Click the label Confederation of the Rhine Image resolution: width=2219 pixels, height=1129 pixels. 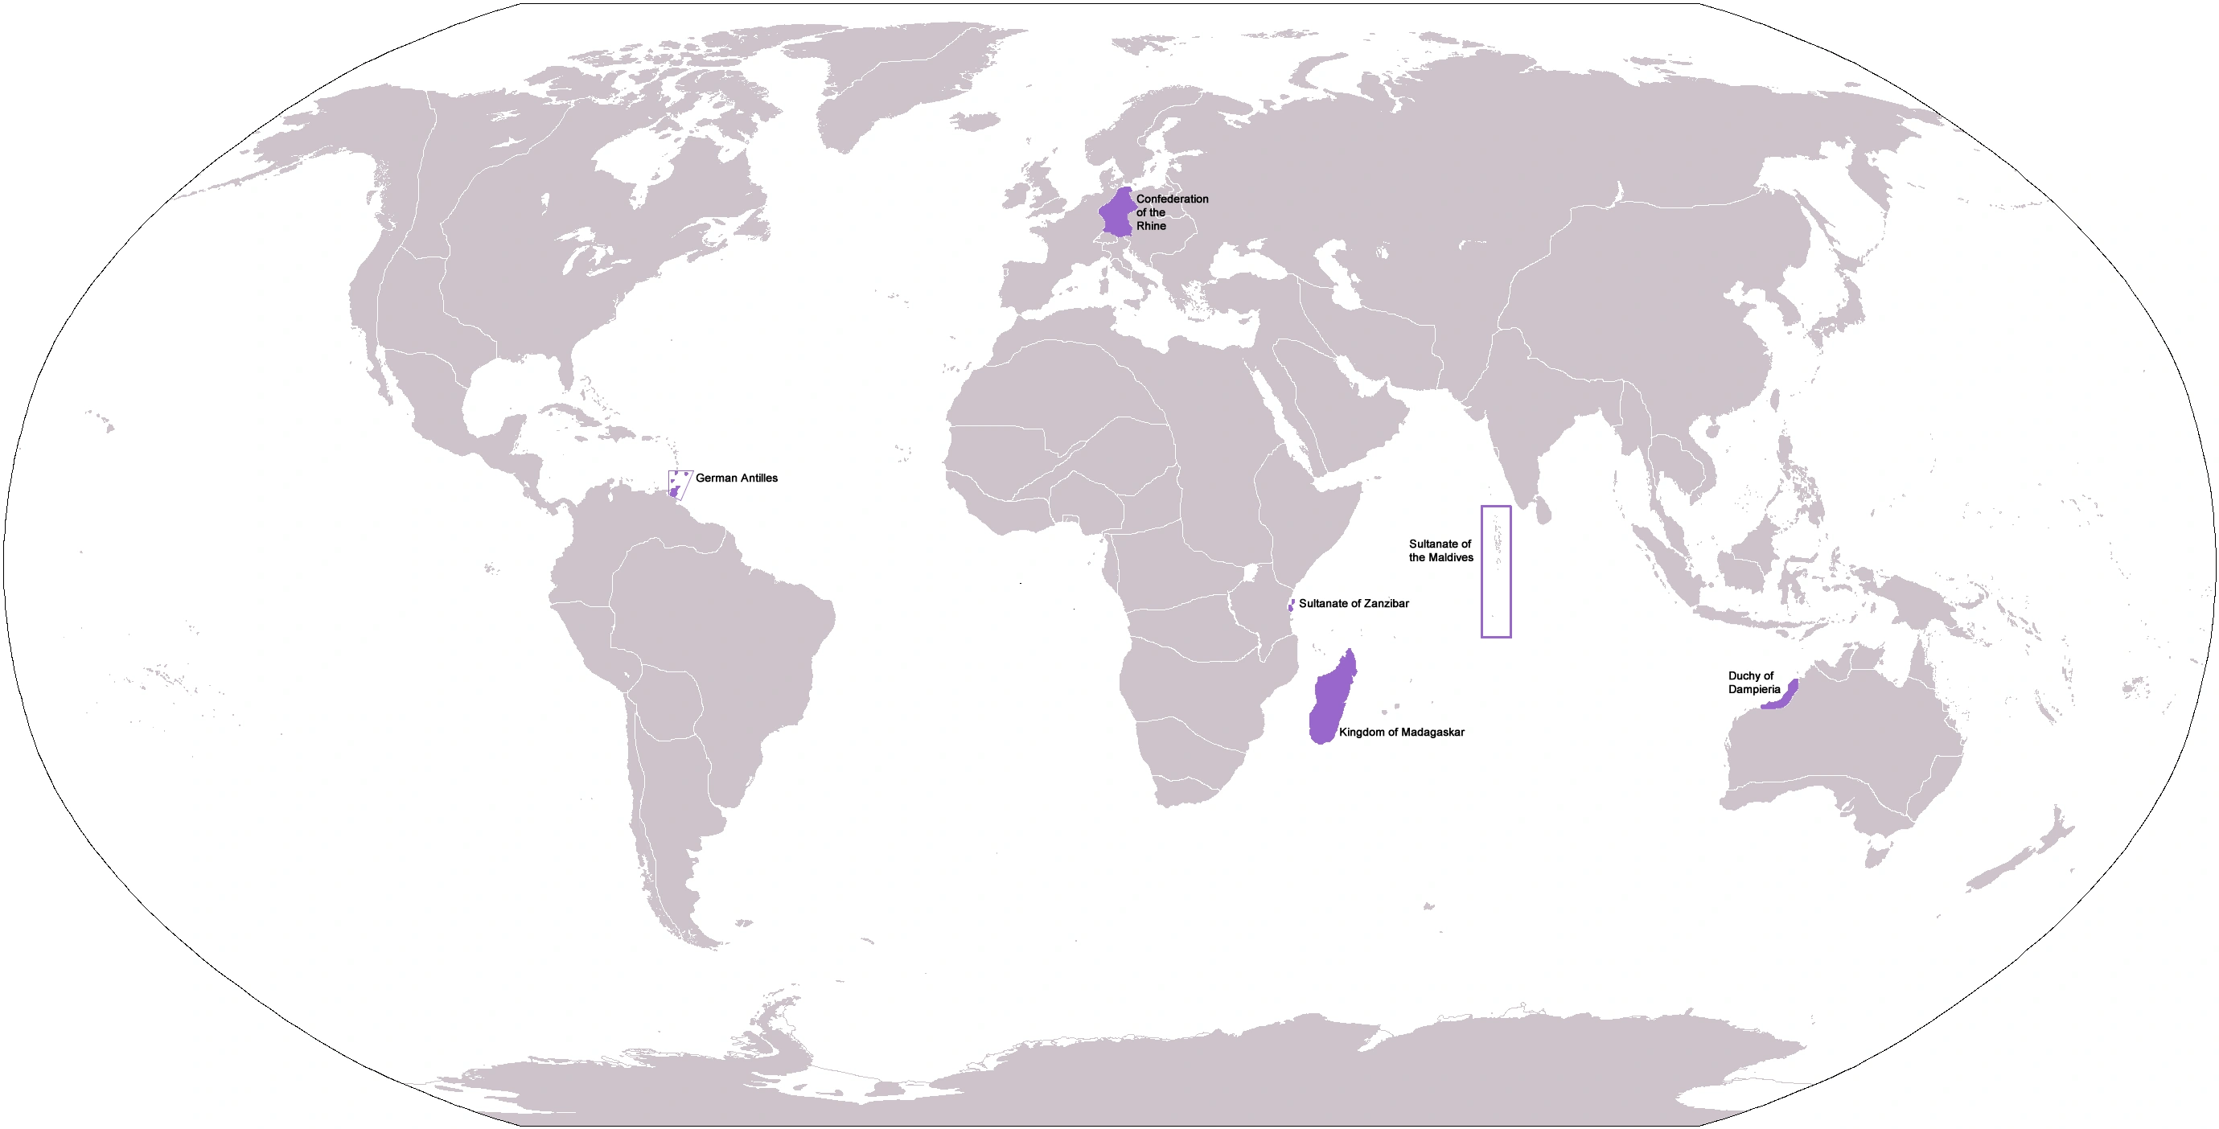point(1172,211)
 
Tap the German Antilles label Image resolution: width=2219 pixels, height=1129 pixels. point(736,478)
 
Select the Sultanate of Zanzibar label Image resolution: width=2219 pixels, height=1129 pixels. point(1354,604)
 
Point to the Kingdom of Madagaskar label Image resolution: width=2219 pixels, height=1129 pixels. point(1401,732)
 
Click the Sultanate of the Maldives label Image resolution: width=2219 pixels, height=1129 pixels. point(1440,550)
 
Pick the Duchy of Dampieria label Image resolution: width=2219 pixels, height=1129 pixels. point(1753,682)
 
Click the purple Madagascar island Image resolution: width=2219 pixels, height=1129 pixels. point(1330,702)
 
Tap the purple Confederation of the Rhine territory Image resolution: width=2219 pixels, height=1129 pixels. point(1116,213)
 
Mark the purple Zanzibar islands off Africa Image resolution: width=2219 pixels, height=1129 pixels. point(1290,606)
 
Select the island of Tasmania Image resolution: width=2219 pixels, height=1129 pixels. point(1877,855)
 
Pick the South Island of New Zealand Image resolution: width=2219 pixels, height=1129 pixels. point(1999,874)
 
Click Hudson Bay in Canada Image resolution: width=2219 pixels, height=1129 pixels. point(629,159)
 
